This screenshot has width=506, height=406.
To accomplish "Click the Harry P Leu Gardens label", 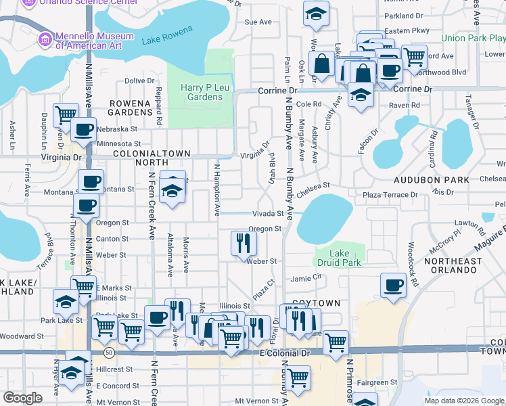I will coord(202,91).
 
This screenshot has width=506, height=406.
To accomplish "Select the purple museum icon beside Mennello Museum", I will coord(45,40).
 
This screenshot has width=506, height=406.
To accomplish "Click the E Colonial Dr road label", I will coord(285,353).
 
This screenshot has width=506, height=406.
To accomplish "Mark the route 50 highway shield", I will coord(108,353).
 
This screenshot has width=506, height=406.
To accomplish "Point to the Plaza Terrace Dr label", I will coord(390,195).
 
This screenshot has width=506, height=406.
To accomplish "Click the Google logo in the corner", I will coord(22,398).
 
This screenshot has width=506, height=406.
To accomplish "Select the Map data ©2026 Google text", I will coord(463,401).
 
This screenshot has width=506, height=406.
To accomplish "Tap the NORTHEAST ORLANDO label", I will coord(453,265).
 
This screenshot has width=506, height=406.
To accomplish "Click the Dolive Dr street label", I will coord(140,81).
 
